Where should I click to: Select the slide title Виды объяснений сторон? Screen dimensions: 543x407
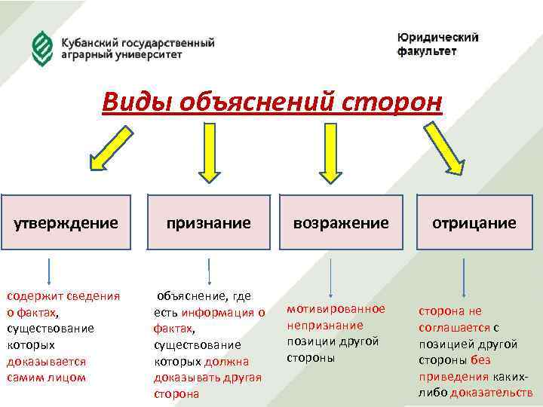coord(271,101)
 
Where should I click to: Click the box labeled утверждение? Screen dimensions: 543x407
coord(67,222)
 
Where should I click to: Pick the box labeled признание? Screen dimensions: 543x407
coord(209,222)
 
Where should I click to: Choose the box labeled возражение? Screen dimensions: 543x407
coord(341,222)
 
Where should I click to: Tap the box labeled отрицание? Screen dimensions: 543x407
coord(474,222)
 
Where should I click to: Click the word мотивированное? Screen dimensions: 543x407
coord(336,309)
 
